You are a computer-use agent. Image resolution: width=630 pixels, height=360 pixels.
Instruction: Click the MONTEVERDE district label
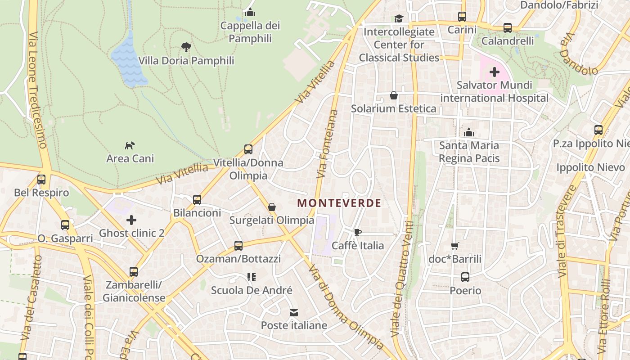tap(339, 203)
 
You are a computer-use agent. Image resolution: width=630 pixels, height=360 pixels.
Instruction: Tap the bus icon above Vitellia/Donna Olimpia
tap(248, 149)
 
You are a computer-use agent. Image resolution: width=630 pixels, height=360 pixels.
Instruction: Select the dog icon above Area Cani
tap(130, 145)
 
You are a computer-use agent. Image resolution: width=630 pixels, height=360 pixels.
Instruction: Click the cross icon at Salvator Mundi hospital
tap(495, 72)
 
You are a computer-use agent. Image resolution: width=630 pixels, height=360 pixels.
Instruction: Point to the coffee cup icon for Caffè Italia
tap(357, 232)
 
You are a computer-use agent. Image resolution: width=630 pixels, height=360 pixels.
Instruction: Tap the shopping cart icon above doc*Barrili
tap(455, 246)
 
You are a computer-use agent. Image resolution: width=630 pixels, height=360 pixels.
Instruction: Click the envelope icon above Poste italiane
tap(294, 312)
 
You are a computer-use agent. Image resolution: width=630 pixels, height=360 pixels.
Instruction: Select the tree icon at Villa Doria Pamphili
tap(186, 47)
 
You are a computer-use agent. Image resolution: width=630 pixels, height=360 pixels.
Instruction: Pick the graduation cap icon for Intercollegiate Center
tap(399, 18)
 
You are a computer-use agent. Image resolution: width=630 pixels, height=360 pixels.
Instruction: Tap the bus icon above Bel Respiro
tap(41, 180)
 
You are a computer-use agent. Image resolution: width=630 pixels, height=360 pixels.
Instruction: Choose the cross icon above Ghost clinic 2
tap(131, 220)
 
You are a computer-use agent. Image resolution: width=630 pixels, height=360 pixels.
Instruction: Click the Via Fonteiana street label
tap(327, 143)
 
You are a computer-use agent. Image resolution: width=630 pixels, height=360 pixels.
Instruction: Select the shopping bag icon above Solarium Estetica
tap(394, 95)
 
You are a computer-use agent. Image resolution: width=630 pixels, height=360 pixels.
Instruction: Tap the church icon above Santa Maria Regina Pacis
tap(469, 132)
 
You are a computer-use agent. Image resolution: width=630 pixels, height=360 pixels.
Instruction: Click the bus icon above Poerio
tap(465, 277)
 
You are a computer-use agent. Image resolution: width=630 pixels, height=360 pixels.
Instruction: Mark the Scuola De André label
tap(252, 290)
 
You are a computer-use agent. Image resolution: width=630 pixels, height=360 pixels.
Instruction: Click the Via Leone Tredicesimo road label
tap(37, 90)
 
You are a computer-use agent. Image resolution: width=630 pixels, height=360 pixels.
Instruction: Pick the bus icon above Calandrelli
tap(508, 28)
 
